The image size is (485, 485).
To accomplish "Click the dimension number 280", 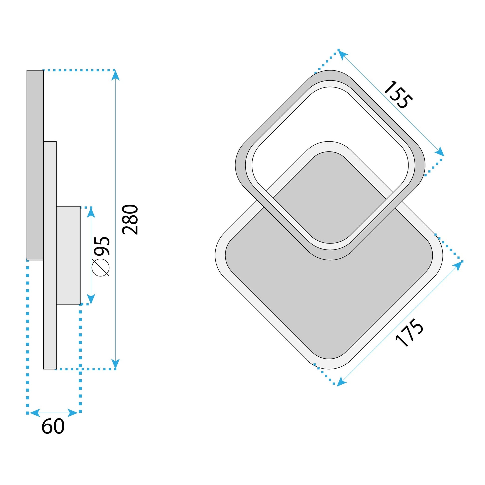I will [130, 220].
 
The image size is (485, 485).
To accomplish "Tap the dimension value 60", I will [53, 426].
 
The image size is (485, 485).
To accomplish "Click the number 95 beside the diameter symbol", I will [101, 246].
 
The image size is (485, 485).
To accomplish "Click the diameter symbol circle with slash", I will [100, 267].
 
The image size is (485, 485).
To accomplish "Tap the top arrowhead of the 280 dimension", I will [115, 75].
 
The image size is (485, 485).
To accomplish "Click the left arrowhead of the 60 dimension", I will [35, 413].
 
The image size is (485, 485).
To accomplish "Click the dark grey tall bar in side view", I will [35, 165].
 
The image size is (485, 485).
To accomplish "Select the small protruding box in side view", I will [68, 255].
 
